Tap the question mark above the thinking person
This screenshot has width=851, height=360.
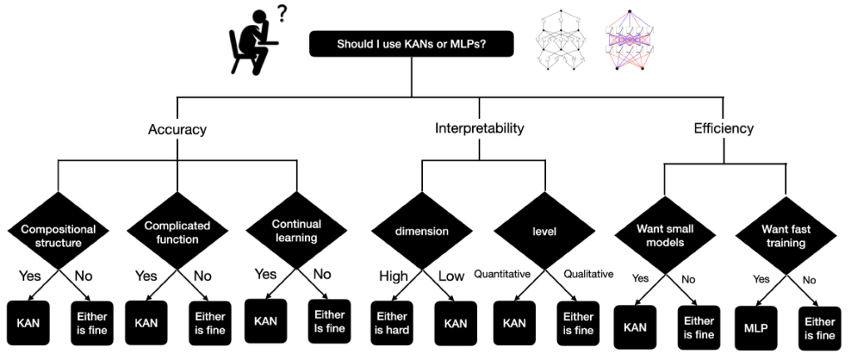(x=284, y=14)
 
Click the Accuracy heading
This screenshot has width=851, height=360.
(x=177, y=130)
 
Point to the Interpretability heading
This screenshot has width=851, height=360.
(x=480, y=129)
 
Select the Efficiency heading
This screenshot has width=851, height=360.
(x=723, y=129)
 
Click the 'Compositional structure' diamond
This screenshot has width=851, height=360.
(x=58, y=234)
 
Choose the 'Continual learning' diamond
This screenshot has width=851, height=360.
(x=296, y=230)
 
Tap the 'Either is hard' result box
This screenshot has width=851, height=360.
(x=393, y=323)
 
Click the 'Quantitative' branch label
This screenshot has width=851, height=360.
(x=503, y=274)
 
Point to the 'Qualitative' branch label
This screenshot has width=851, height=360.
(x=588, y=274)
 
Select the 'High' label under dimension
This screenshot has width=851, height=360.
(x=394, y=276)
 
